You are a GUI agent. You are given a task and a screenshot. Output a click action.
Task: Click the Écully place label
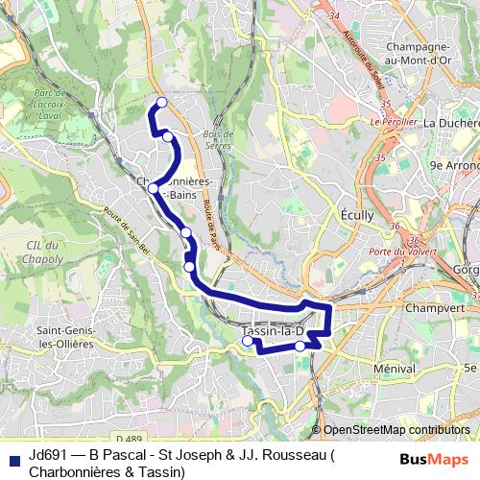tap(357, 216)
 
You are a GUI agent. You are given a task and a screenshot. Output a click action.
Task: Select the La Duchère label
tap(450, 123)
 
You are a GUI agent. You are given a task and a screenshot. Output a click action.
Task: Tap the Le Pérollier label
tap(393, 122)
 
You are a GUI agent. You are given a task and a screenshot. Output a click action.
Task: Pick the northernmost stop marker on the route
tap(161, 102)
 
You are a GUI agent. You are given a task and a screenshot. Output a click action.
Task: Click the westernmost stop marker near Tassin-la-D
tap(248, 341)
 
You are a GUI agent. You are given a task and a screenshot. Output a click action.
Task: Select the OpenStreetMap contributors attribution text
tap(396, 430)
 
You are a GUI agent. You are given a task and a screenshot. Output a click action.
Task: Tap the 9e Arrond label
tap(454, 164)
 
